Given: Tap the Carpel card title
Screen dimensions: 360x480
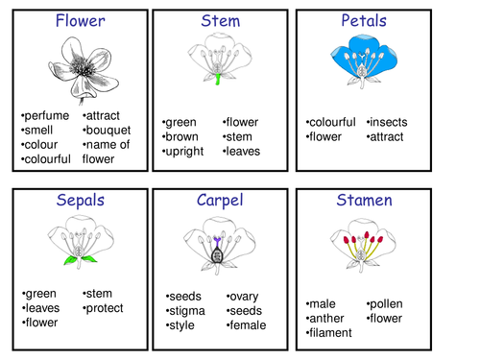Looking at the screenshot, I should click(x=221, y=201).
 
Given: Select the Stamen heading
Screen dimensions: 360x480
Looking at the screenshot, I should click(x=364, y=201).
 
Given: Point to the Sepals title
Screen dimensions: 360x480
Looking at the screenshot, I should click(x=81, y=201).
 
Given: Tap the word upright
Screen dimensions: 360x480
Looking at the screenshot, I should click(x=185, y=152).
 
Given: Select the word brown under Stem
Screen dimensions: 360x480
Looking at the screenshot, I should click(x=182, y=137).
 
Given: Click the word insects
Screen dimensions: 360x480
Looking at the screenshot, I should click(x=389, y=123).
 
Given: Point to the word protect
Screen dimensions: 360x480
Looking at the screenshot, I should click(x=105, y=308).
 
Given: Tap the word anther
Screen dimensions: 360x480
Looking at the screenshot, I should click(x=328, y=319).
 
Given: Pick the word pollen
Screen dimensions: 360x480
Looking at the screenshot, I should click(x=386, y=304).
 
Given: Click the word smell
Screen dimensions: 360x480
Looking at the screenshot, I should click(x=39, y=131).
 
